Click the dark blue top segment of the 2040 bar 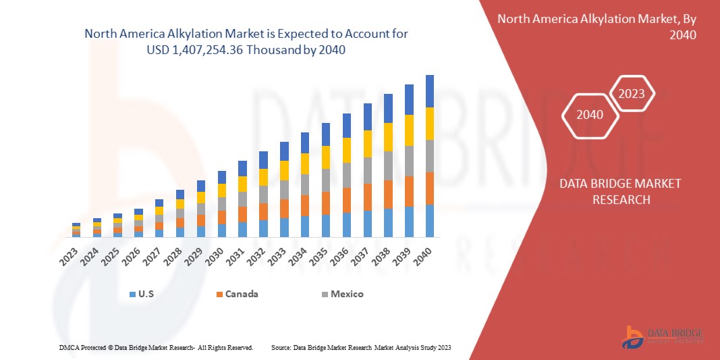[x=429, y=91]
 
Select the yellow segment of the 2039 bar [x=408, y=130]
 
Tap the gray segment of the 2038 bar [x=388, y=165]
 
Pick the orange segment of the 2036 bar [x=346, y=200]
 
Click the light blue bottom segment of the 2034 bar [x=304, y=226]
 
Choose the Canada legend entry [x=237, y=294]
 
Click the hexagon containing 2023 [x=632, y=94]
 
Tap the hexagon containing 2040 [x=590, y=115]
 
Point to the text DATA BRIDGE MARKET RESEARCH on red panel [x=620, y=192]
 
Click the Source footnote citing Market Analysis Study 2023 [x=361, y=347]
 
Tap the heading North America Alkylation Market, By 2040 [x=597, y=26]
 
